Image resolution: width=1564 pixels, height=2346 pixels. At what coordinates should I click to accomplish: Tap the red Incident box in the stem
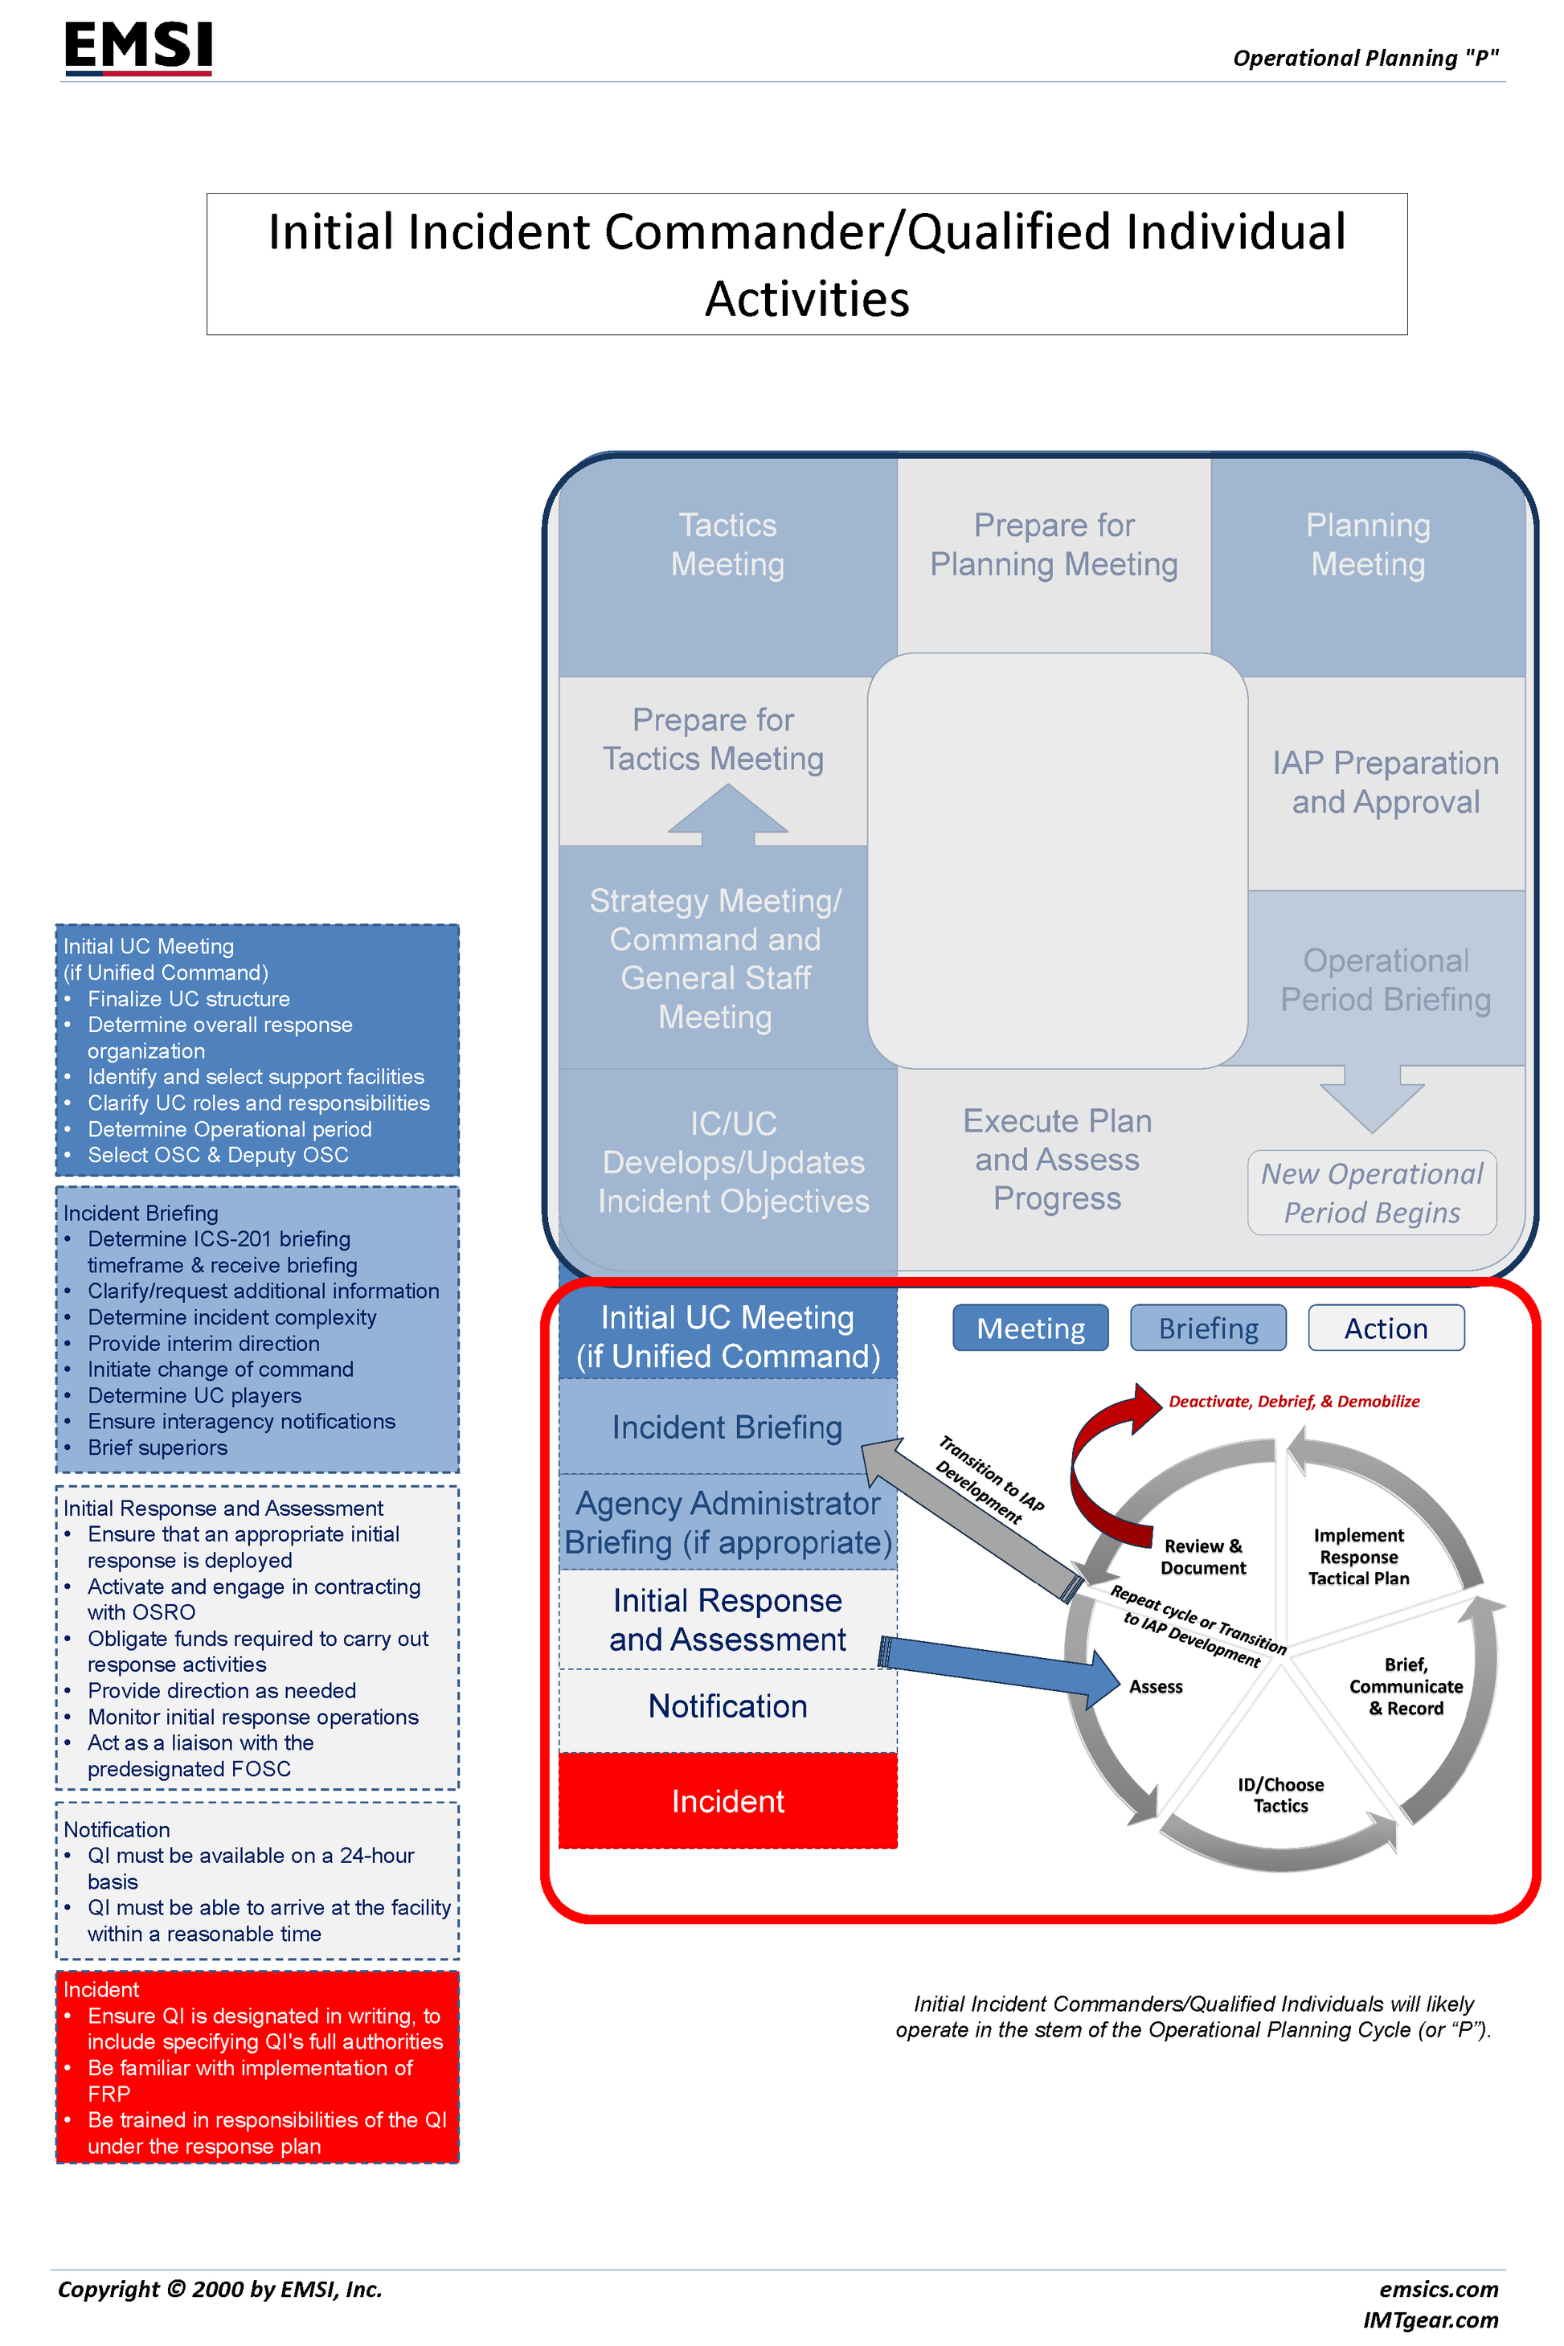tap(727, 1800)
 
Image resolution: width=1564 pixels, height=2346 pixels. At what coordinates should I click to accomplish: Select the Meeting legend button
tap(1030, 1328)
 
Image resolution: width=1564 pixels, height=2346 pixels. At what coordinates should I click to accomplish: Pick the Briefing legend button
tap(1207, 1328)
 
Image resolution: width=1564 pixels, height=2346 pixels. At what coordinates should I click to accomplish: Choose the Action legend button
tap(1386, 1328)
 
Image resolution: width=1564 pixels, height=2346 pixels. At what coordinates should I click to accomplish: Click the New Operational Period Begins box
tap(1371, 1193)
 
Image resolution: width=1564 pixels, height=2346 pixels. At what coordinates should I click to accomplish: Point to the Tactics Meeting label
tap(727, 545)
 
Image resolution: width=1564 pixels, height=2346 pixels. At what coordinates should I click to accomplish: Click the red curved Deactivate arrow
tap(1102, 1456)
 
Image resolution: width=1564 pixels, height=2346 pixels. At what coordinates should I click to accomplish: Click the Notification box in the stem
tap(727, 1705)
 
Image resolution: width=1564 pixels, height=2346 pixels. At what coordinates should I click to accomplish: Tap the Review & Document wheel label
tap(1203, 1556)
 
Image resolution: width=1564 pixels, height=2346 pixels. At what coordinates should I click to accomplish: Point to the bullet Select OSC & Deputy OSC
tap(218, 1155)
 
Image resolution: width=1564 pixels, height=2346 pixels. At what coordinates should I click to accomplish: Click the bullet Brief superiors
tap(157, 1447)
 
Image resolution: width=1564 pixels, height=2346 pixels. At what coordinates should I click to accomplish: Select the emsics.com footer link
tap(1439, 2289)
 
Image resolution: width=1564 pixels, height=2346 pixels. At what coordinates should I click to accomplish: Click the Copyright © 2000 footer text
tap(219, 2289)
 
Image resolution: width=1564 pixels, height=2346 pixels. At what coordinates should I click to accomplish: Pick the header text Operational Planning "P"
tap(1365, 58)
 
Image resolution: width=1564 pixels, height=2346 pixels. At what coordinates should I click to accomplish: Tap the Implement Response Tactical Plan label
tap(1358, 1556)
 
